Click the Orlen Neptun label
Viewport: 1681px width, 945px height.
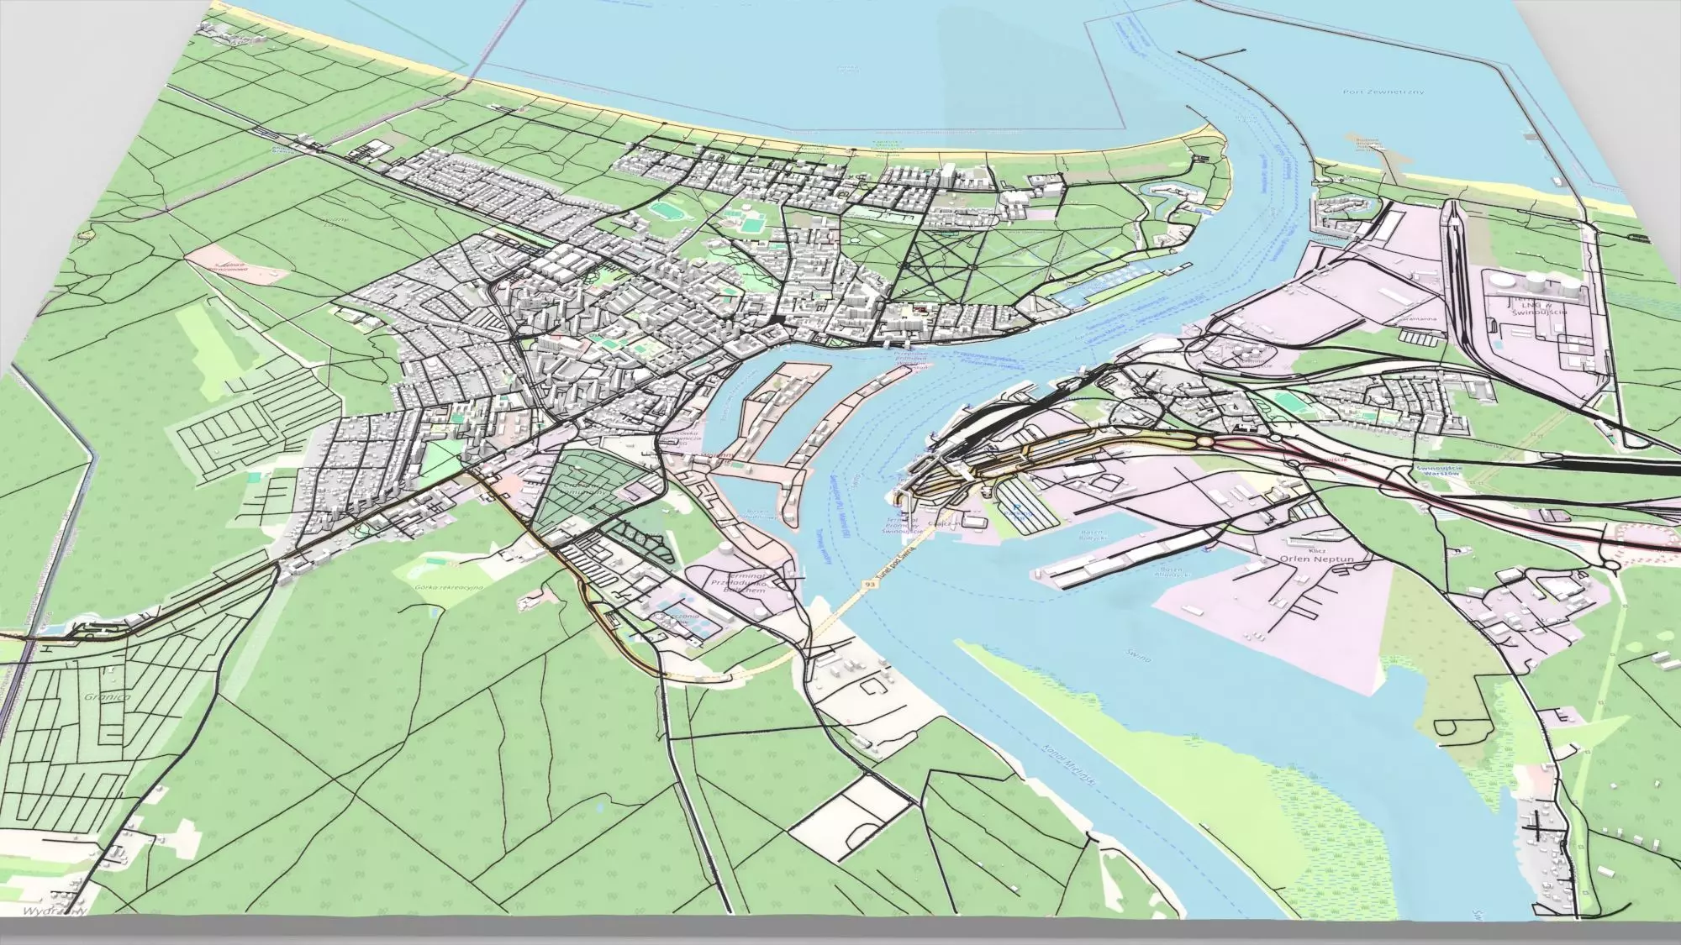(1304, 558)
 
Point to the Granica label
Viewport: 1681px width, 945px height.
(107, 696)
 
